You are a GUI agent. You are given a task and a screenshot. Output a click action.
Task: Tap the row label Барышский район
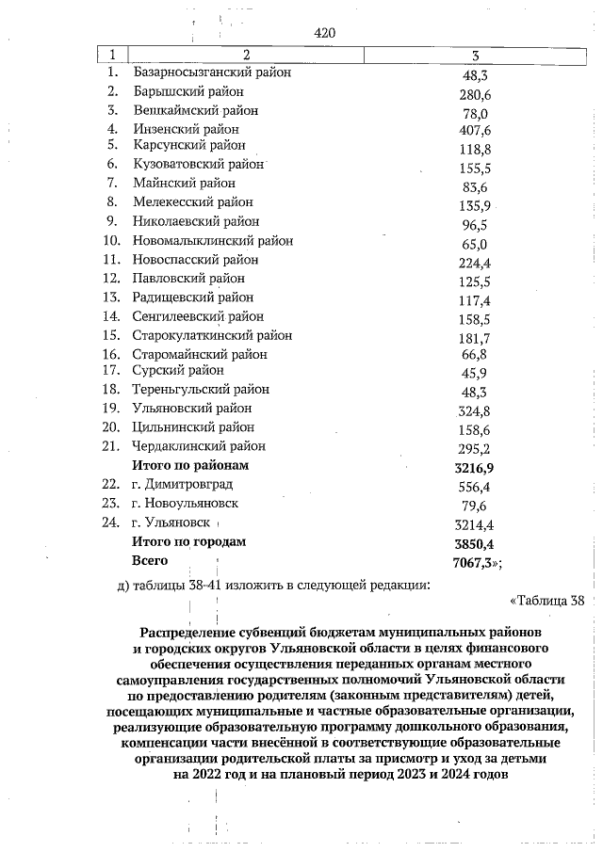(x=187, y=91)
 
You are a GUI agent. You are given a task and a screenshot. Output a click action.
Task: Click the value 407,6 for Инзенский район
(x=472, y=129)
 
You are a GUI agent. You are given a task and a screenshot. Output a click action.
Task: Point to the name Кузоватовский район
(x=198, y=164)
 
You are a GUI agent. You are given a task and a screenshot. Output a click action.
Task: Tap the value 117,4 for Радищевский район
(x=472, y=299)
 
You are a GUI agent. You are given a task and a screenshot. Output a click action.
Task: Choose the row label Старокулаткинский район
(x=212, y=334)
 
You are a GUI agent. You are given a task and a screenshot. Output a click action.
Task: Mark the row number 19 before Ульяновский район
(x=111, y=408)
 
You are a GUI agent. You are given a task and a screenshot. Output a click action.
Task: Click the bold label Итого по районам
(x=191, y=465)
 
